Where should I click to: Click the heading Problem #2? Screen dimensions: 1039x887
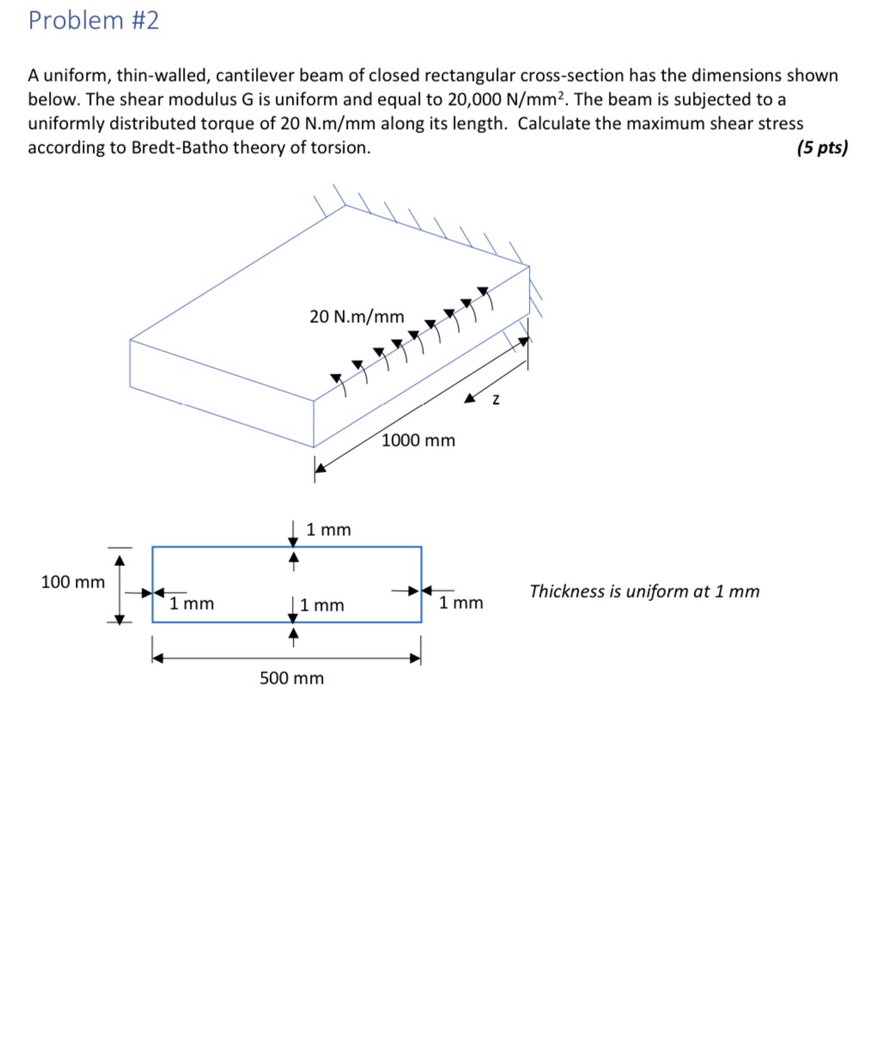click(x=94, y=21)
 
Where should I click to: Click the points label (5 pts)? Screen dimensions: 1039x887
click(x=821, y=148)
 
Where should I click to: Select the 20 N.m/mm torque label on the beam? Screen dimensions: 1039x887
click(x=356, y=317)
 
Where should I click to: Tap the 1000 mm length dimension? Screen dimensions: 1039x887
click(x=418, y=441)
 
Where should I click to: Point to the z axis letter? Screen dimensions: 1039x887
click(x=495, y=400)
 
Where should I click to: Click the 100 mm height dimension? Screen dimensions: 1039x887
click(x=73, y=582)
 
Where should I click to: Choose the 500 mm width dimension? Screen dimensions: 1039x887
click(x=292, y=678)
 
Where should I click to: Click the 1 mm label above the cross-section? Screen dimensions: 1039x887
click(x=329, y=530)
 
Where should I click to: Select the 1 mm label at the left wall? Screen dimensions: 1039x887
click(x=191, y=604)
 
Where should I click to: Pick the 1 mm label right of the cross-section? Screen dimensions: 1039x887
click(x=461, y=603)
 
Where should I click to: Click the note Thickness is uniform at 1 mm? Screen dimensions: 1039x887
click(x=644, y=592)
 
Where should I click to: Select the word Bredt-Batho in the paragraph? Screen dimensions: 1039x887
click(x=179, y=148)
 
